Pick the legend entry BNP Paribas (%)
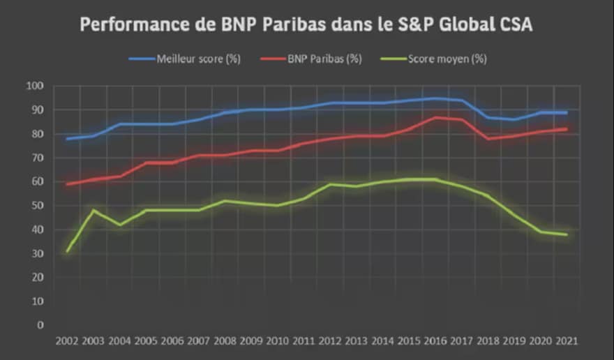pos(324,59)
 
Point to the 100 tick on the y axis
pos(35,86)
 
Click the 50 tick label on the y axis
pos(37,206)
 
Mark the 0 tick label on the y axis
pos(40,325)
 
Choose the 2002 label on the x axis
pos(68,341)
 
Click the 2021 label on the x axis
pos(565,341)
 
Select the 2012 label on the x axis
pos(329,341)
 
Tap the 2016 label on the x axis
pos(435,341)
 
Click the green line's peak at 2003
pos(93,210)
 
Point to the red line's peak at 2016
pos(435,117)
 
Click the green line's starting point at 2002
pos(68,250)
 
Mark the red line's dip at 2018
pos(488,139)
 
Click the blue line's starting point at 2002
pos(68,139)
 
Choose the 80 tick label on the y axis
pos(37,134)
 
